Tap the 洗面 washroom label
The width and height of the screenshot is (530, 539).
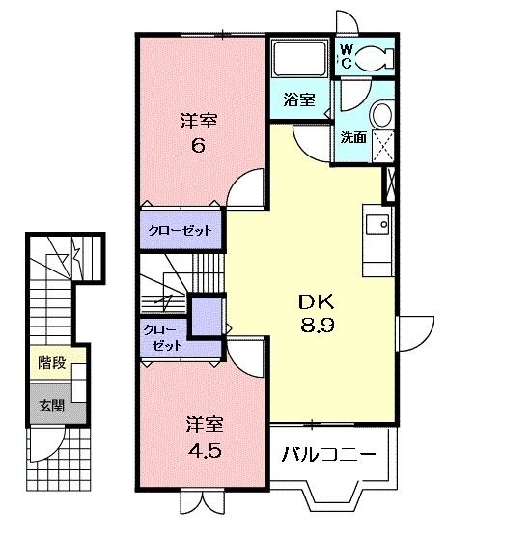click(352, 137)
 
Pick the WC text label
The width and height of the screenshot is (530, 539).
click(344, 57)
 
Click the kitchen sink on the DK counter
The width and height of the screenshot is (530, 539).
click(377, 226)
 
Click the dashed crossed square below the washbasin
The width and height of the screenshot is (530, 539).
click(382, 146)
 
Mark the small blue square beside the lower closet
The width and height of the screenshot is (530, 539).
click(206, 315)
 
